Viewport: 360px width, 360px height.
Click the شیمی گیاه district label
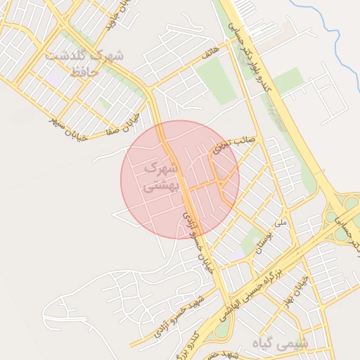pyautogui.click(x=283, y=344)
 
